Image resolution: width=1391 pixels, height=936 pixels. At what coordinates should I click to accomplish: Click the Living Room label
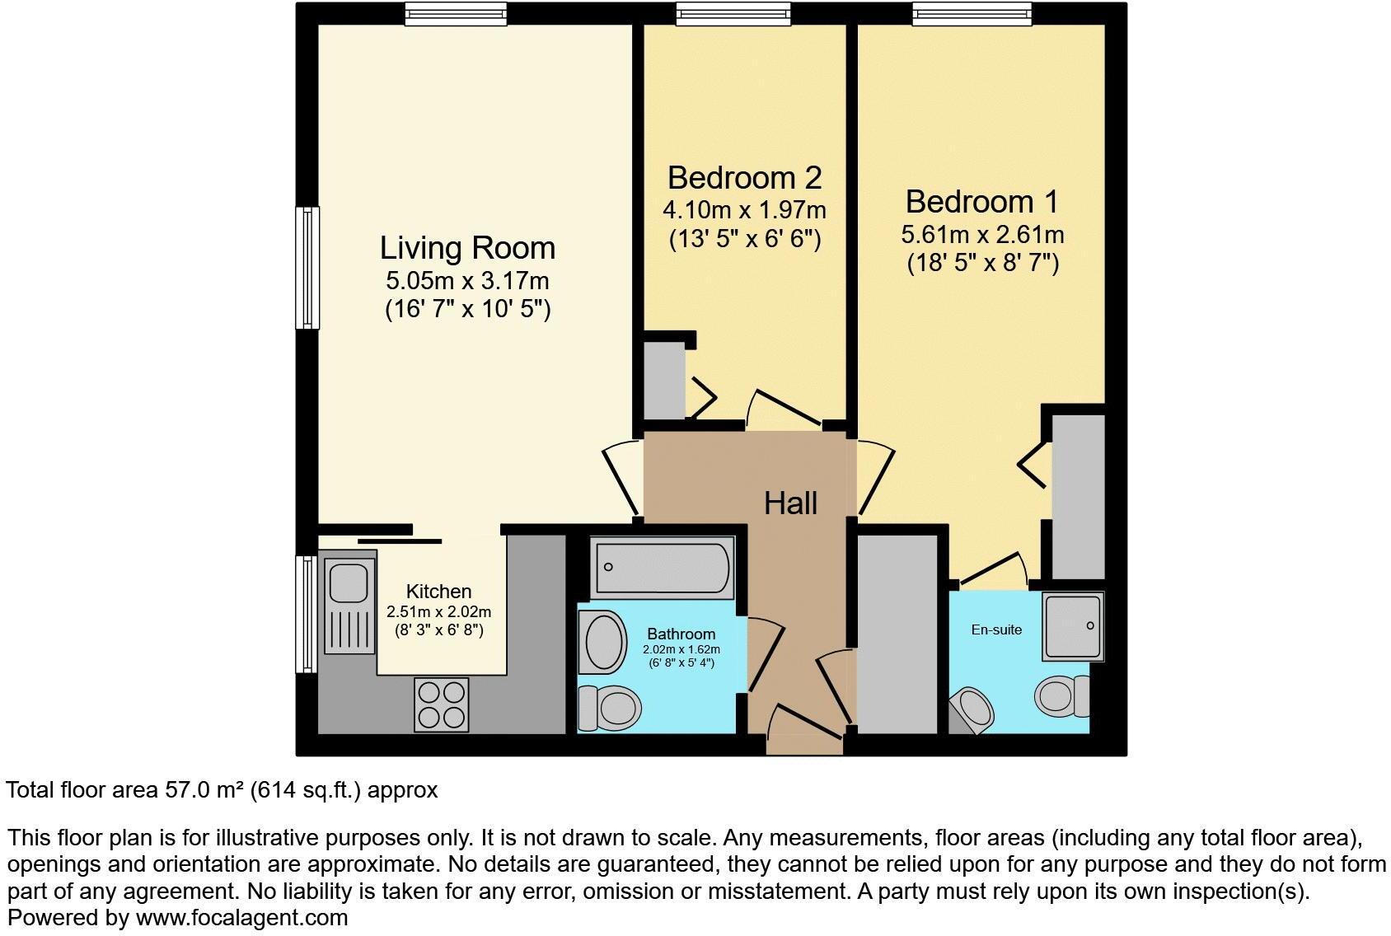(467, 248)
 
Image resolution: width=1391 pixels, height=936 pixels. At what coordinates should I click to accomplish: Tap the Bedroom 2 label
(744, 178)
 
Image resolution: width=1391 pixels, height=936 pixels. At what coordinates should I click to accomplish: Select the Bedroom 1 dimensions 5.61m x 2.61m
(982, 235)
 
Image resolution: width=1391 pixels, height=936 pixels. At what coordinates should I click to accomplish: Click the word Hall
(790, 503)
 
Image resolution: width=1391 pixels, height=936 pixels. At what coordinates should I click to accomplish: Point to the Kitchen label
(438, 592)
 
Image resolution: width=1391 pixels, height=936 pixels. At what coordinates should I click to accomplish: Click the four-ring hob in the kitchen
(443, 704)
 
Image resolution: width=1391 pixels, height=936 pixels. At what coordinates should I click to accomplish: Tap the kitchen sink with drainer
(348, 605)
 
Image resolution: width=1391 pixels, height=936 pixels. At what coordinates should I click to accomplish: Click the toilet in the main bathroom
(610, 708)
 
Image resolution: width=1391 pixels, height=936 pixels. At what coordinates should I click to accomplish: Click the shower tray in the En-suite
(1073, 626)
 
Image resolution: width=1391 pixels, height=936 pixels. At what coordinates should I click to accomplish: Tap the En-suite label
(996, 630)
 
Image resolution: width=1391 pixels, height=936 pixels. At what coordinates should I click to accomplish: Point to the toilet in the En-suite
(1062, 696)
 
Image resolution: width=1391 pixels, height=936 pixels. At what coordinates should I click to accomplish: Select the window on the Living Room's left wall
(307, 268)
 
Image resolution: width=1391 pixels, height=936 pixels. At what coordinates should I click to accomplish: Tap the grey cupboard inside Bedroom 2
(663, 381)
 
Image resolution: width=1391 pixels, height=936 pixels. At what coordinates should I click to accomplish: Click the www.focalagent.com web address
(241, 917)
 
